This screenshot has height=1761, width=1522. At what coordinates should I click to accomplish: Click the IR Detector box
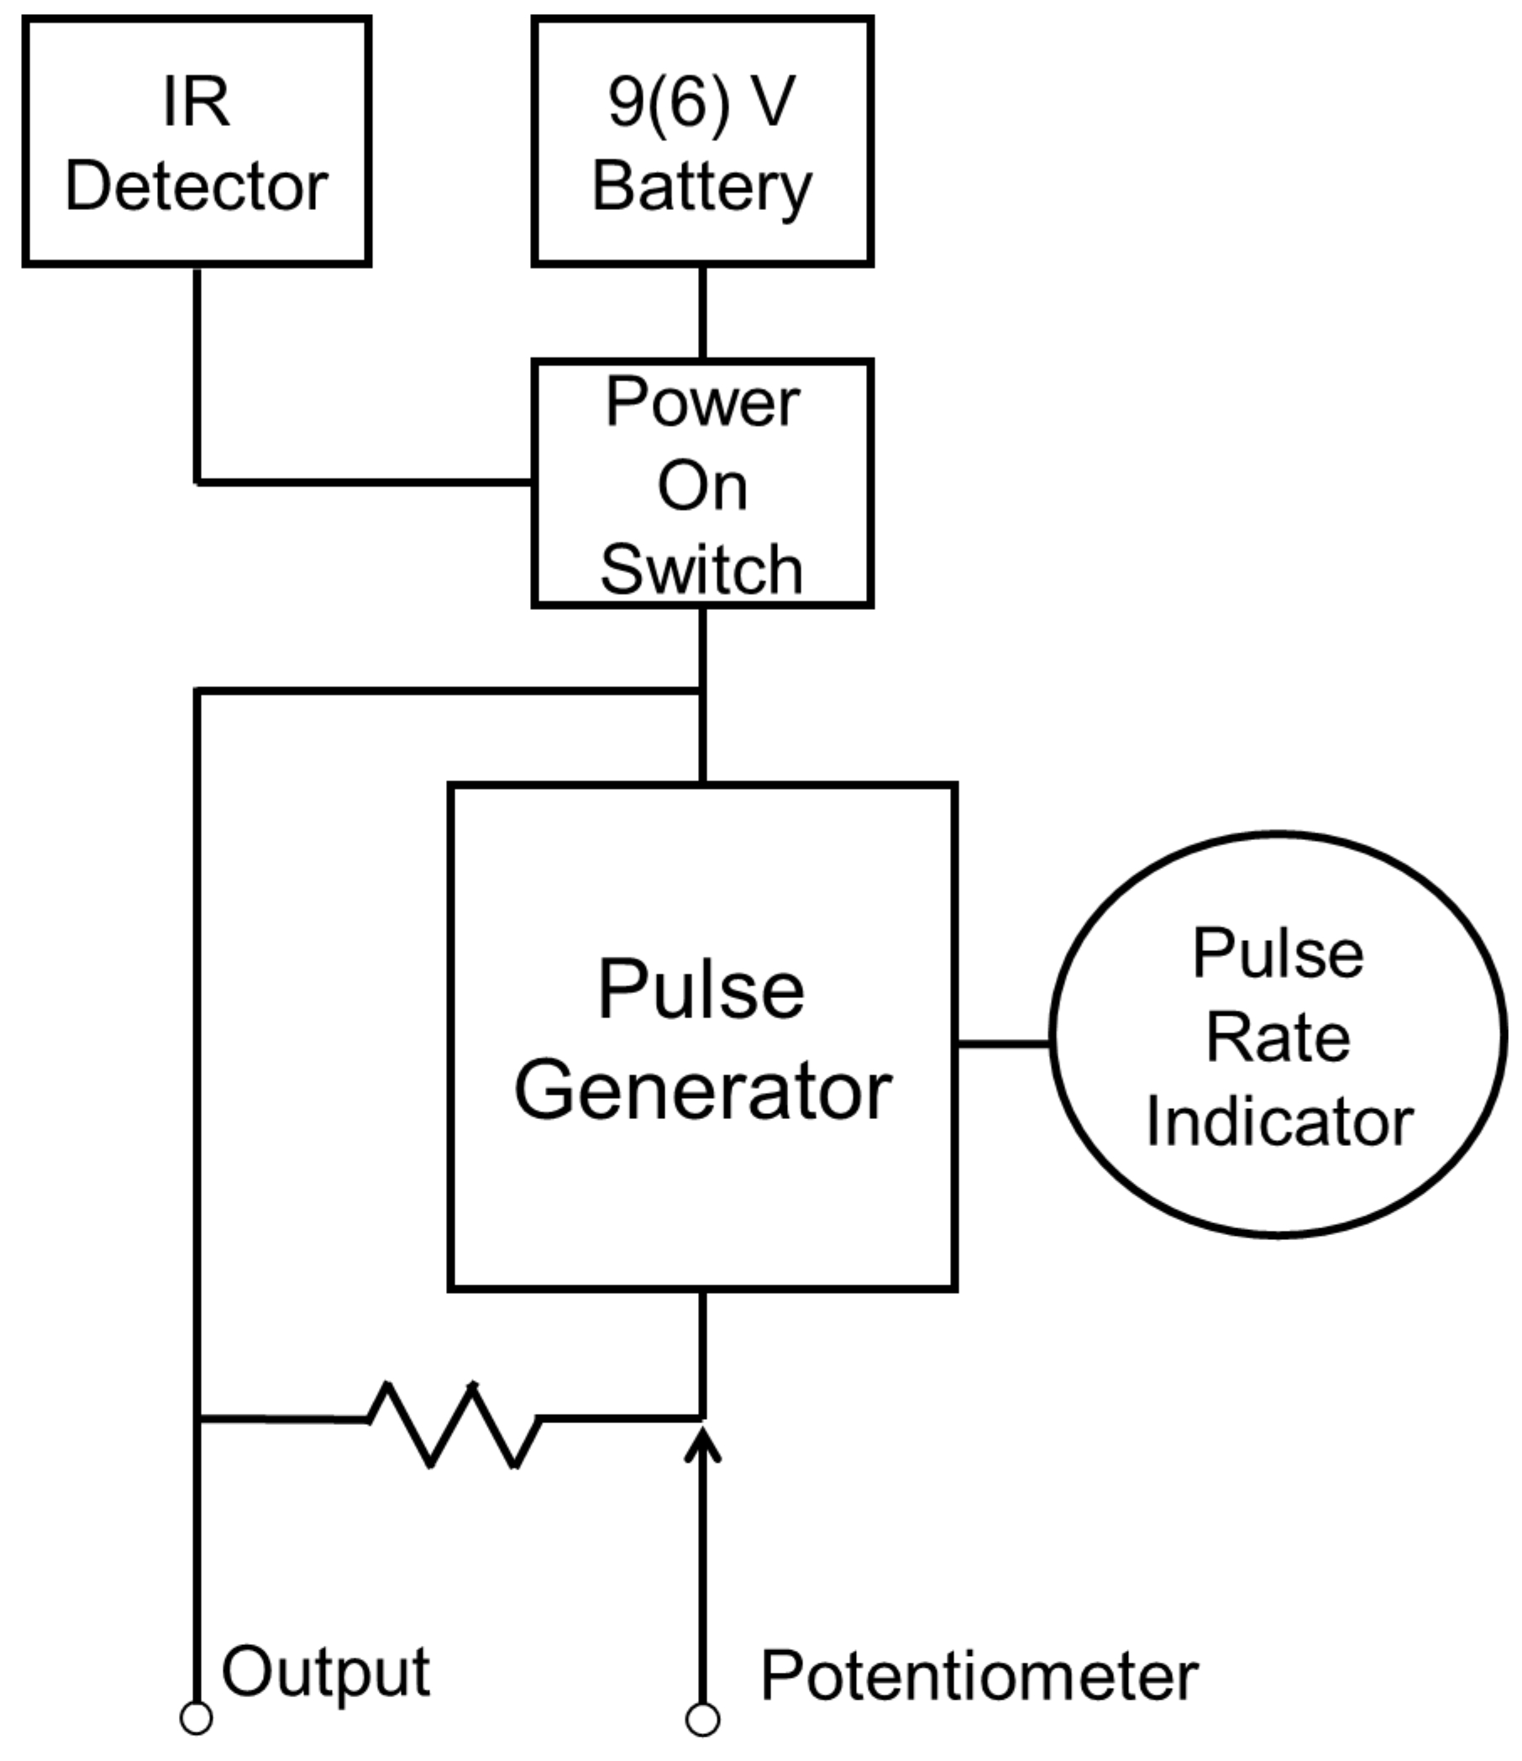[197, 142]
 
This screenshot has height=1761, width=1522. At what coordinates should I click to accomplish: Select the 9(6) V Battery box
[702, 142]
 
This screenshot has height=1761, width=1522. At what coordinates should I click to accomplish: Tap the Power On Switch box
[702, 484]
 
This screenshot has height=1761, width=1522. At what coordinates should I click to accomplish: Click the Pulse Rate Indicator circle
[1278, 1038]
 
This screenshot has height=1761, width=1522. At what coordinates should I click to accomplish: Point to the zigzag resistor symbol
[453, 1422]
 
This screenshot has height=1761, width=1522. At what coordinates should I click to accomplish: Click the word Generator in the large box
[703, 1091]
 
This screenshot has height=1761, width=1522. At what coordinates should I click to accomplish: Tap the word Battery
[702, 187]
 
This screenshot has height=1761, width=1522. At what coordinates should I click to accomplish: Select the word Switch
[702, 569]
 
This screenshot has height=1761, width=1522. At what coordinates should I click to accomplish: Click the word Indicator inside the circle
[1279, 1122]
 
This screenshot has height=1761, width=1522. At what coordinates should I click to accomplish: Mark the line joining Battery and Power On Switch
[703, 313]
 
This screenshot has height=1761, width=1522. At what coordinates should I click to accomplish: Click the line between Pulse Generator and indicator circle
[1004, 1043]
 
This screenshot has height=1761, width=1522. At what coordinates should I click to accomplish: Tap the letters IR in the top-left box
[197, 103]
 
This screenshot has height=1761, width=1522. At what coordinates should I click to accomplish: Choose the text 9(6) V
[702, 103]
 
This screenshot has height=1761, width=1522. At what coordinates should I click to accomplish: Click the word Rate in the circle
[1278, 1038]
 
